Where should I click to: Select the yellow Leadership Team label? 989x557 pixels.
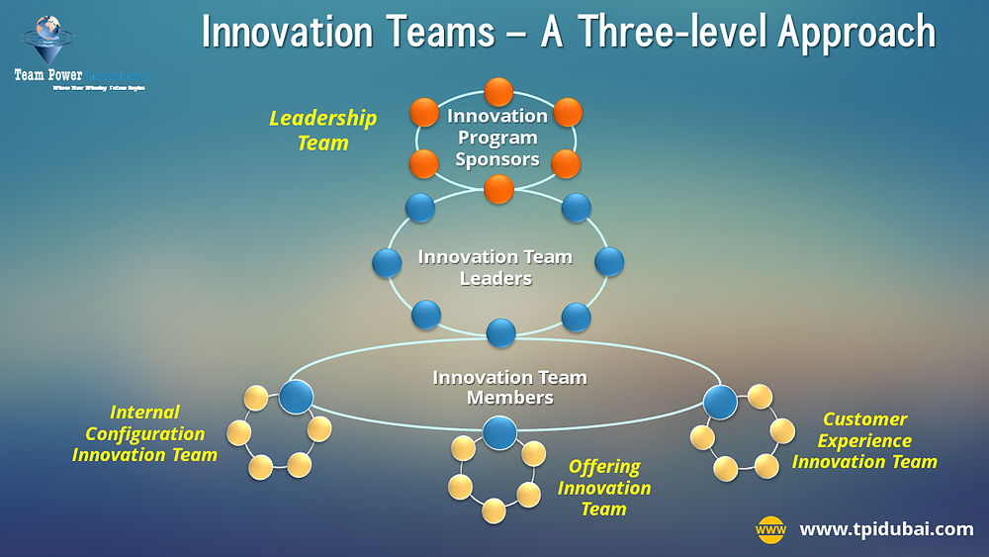(323, 131)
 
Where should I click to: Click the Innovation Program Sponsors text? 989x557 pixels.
(497, 138)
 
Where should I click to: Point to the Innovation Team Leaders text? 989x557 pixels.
(495, 267)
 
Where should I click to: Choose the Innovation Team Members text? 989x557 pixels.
(509, 387)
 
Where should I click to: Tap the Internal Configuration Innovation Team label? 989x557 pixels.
(144, 433)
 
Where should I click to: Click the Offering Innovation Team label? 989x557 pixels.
(603, 488)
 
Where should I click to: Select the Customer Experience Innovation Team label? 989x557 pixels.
(864, 440)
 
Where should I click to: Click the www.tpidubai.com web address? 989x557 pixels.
(886, 529)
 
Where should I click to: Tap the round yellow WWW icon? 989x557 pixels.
(770, 530)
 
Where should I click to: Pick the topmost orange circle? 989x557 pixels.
(498, 92)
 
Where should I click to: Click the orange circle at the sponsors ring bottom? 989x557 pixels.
(498, 187)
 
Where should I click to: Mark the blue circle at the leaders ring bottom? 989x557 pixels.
(501, 332)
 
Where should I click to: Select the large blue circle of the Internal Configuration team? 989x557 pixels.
(296, 396)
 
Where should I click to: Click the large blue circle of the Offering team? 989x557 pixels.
(499, 432)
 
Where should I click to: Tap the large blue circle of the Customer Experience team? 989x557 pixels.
(720, 402)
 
